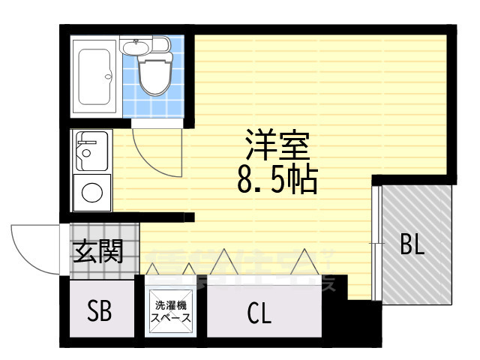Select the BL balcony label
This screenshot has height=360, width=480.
pos(411,244)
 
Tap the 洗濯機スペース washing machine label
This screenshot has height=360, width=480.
pos(171,311)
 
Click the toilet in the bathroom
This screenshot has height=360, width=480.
pos(156,75)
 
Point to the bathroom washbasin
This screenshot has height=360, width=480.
pos(136,49)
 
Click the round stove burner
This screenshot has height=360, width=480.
pos(92,193)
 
